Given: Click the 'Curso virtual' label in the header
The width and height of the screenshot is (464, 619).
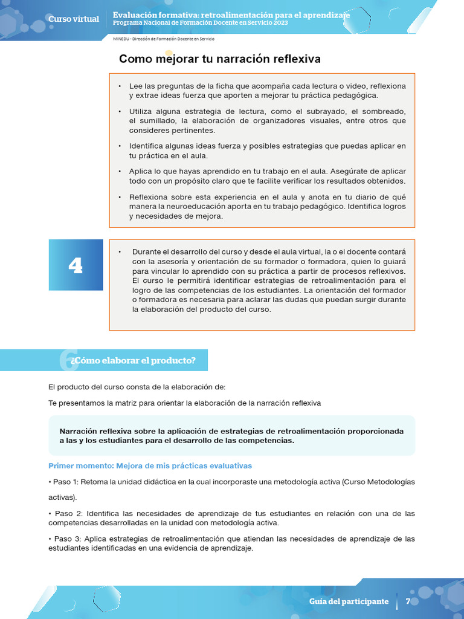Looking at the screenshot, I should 73,19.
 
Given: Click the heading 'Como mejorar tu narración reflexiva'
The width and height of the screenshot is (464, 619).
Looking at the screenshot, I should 220,59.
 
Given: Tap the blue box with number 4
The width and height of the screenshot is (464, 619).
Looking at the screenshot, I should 76,265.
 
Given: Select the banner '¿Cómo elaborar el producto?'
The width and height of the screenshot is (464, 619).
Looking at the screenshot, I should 133,360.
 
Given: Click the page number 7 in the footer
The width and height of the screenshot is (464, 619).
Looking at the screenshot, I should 408,601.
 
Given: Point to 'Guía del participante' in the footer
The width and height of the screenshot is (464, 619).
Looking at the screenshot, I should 349,601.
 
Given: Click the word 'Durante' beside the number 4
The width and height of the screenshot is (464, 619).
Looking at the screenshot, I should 146,251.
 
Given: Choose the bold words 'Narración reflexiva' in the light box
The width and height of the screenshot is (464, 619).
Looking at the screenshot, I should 95,431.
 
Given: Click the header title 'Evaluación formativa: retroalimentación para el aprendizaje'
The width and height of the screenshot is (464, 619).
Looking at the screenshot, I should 231,15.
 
